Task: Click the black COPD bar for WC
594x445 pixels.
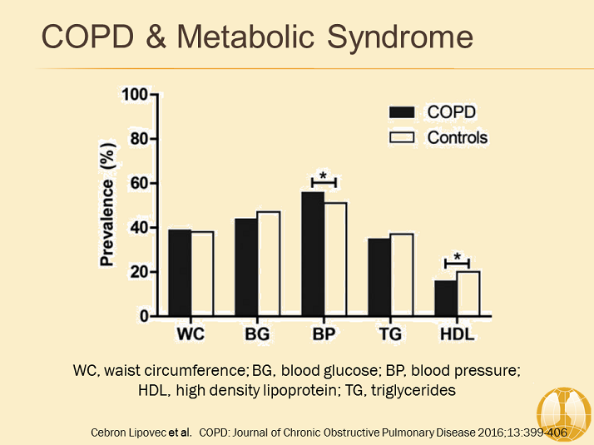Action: (180, 273)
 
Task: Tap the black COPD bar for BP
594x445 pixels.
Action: (313, 254)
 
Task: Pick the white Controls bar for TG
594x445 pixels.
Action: (401, 274)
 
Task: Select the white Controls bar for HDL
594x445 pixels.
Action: (468, 294)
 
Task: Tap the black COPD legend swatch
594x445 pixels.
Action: (403, 112)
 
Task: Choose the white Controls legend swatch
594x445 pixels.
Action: (403, 137)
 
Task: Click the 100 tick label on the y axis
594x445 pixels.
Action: (135, 94)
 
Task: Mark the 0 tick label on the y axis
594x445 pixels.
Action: (143, 317)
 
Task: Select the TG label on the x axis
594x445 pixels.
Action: (389, 334)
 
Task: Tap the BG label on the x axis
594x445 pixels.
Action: (256, 334)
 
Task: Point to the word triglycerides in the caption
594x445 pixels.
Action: (408, 390)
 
